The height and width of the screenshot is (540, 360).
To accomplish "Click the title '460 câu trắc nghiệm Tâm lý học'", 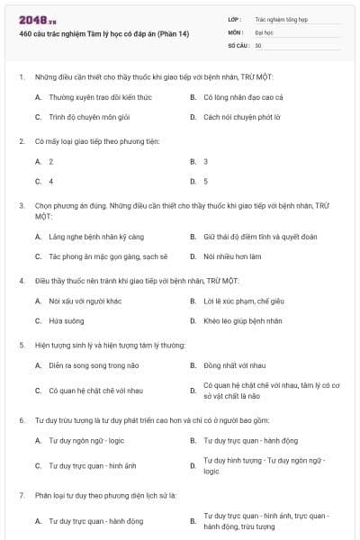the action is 103,34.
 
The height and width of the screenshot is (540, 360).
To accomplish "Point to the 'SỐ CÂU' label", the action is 238,45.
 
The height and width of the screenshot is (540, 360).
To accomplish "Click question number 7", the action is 21,496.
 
